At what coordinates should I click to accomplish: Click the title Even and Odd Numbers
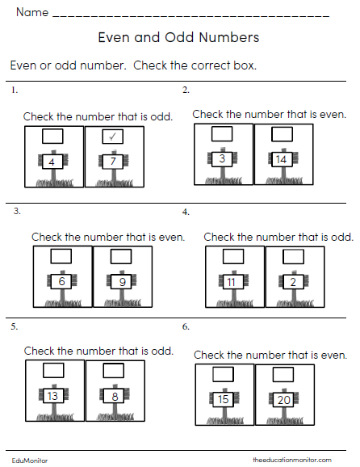[x=178, y=37]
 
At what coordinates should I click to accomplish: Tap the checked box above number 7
[x=113, y=137]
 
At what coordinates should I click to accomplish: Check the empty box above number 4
[x=53, y=137]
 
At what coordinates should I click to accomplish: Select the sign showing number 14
[x=281, y=159]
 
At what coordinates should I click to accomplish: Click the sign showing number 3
[x=222, y=159]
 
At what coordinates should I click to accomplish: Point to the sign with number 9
[x=121, y=283]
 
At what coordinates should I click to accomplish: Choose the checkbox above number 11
[x=233, y=257]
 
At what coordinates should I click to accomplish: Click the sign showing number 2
[x=292, y=283]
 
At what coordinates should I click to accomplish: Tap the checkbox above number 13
[x=53, y=371]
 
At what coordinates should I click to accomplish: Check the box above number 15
[x=224, y=375]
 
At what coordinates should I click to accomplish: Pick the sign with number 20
[x=283, y=400]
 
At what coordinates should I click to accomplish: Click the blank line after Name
[x=190, y=16]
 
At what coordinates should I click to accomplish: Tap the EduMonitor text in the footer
[x=31, y=460]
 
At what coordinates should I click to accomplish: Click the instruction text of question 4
[x=278, y=237]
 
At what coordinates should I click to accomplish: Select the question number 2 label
[x=186, y=90]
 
